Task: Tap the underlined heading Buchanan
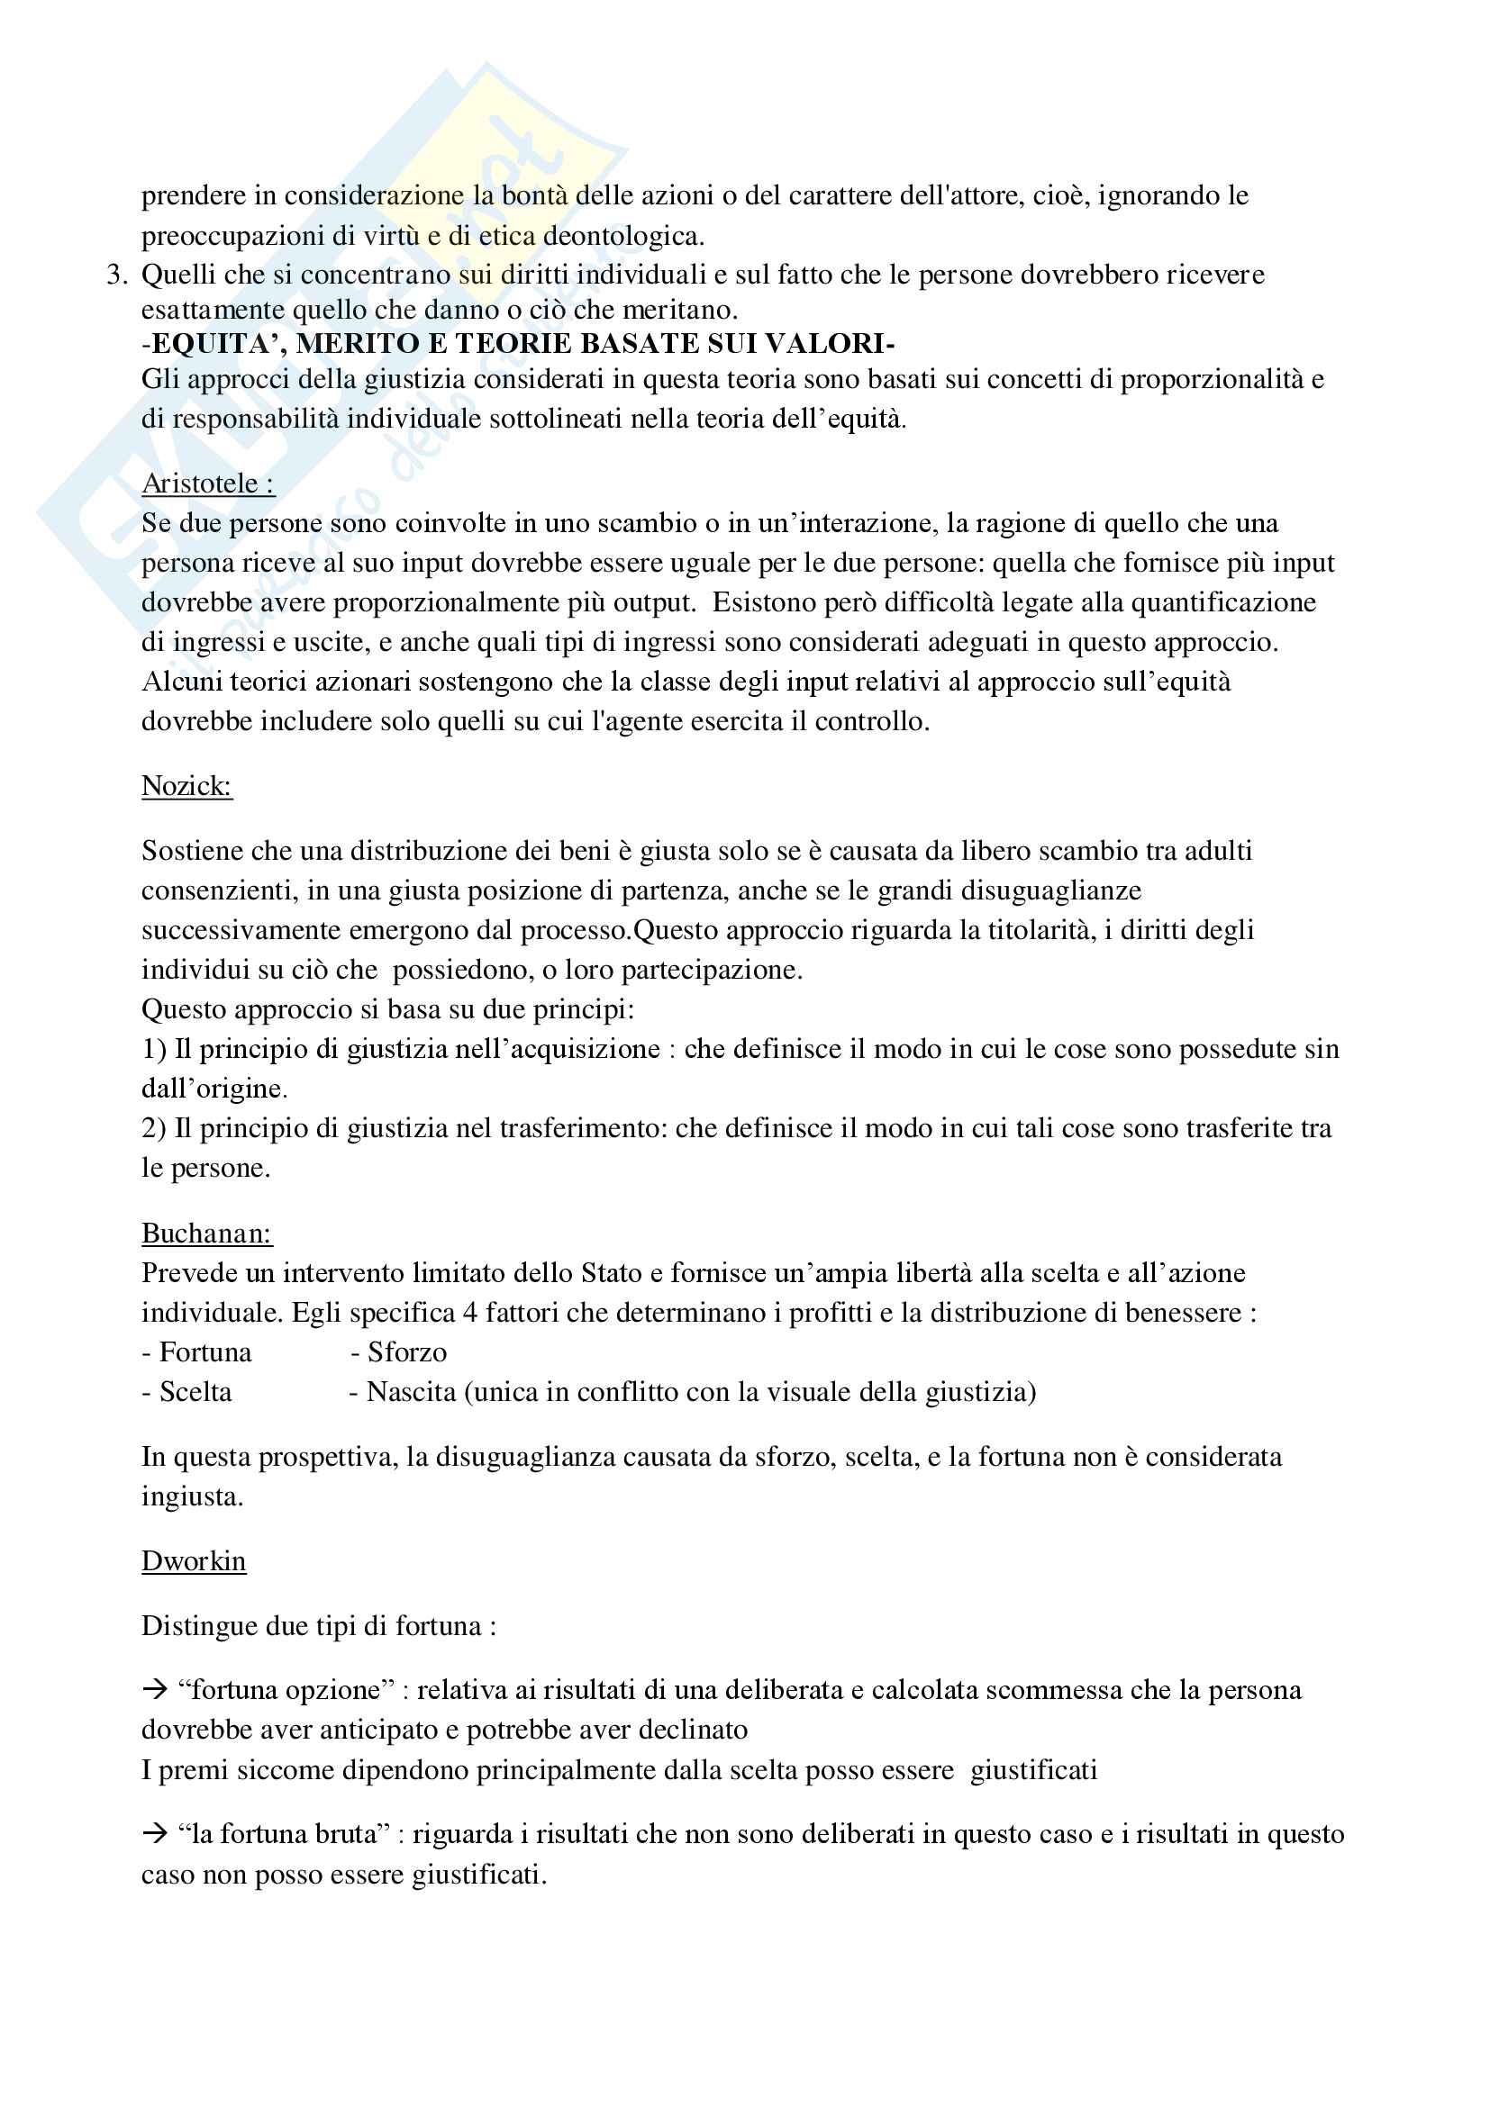pos(205,1233)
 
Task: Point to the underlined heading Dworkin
pos(194,1560)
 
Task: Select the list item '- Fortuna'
pos(196,1352)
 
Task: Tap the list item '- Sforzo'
pos(398,1352)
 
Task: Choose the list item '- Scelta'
pos(187,1391)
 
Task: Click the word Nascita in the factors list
pos(411,1391)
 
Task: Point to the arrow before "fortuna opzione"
pos(155,1688)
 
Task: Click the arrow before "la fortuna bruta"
pos(155,1833)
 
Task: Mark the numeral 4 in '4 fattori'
pos(468,1313)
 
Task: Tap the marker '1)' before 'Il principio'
pos(153,1048)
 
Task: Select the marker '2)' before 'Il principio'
pos(153,1127)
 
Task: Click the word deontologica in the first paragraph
pos(623,237)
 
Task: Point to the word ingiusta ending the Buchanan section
pos(192,1497)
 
